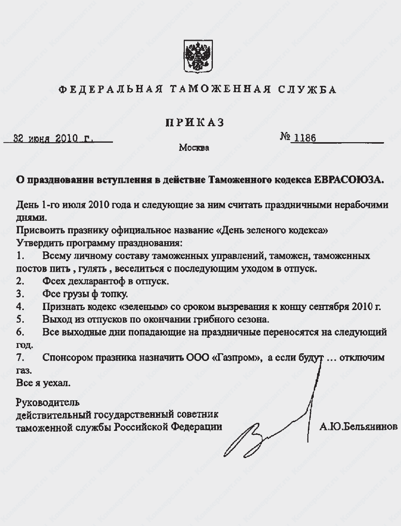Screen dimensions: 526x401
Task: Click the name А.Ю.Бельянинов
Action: point(359,427)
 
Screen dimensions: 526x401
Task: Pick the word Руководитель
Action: point(48,402)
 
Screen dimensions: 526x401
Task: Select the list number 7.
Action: point(20,358)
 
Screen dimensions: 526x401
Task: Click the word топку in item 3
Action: point(115,294)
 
